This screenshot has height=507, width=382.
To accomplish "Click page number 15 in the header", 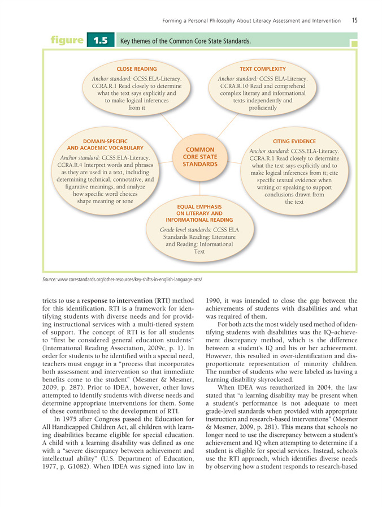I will coord(354,20).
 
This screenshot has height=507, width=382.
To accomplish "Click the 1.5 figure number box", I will coord(101,41).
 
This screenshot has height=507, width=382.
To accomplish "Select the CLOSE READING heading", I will coord(136,68).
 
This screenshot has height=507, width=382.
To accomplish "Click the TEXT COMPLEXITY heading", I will coord(263,68).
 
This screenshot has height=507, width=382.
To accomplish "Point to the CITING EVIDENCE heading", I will coord(294,141).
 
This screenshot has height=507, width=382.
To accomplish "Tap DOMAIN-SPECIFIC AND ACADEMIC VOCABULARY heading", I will coord(105,144).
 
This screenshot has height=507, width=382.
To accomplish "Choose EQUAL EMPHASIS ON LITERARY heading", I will coord(199,213).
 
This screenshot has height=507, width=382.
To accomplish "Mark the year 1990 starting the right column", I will coord(216,300).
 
